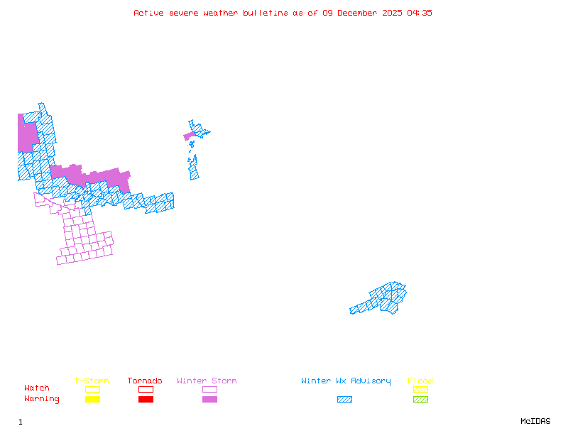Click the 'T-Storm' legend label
click(x=92, y=381)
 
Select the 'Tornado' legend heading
click(x=145, y=381)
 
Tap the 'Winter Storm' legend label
click(x=207, y=381)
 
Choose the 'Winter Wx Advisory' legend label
click(x=346, y=381)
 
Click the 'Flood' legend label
click(x=420, y=381)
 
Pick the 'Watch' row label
click(x=37, y=388)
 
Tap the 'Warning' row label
click(x=42, y=399)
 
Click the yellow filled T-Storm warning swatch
click(x=92, y=400)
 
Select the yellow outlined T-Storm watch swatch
click(x=92, y=389)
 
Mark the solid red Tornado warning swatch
click(x=146, y=400)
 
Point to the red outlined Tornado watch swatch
click(x=146, y=389)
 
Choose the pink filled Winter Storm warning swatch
click(x=209, y=400)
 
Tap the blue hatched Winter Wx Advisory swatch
click(x=344, y=400)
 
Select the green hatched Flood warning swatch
click(x=420, y=400)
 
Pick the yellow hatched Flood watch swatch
click(x=420, y=389)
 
